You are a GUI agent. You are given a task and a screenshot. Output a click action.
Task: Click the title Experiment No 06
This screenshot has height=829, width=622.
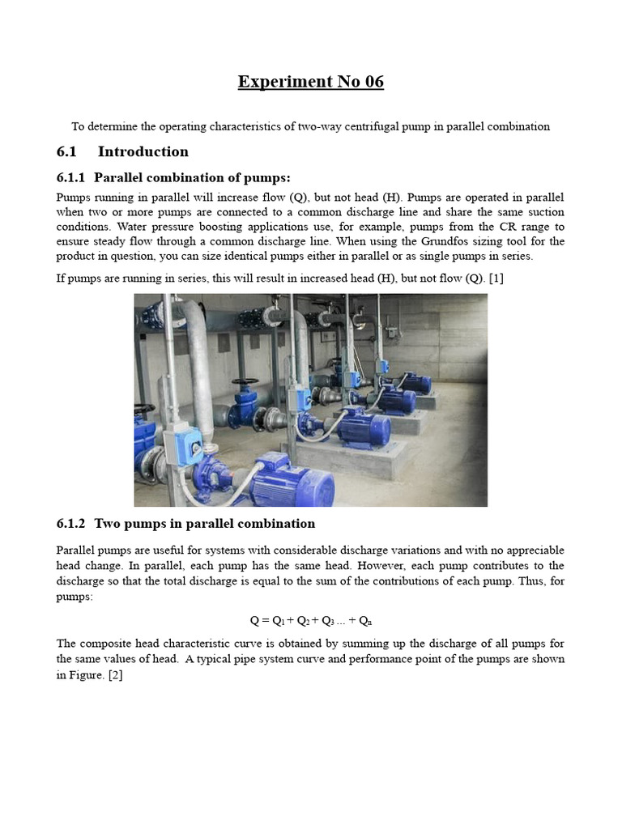click(x=310, y=82)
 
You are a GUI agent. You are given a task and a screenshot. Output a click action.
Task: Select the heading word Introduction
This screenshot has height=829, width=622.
click(x=143, y=151)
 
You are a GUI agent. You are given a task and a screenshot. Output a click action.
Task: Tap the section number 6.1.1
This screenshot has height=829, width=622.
click(x=71, y=178)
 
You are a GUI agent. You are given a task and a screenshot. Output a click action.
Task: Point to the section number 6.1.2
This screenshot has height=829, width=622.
click(x=71, y=524)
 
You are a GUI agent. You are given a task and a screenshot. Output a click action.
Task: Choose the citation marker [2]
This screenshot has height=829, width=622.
click(x=114, y=675)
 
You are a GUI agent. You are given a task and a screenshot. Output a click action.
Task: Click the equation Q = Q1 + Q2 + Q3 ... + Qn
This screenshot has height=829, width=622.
click(x=310, y=621)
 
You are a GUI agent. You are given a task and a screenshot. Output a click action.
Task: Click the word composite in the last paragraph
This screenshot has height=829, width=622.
click(x=110, y=644)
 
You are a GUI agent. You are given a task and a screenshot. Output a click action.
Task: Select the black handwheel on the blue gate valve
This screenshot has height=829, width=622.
click(x=244, y=383)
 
